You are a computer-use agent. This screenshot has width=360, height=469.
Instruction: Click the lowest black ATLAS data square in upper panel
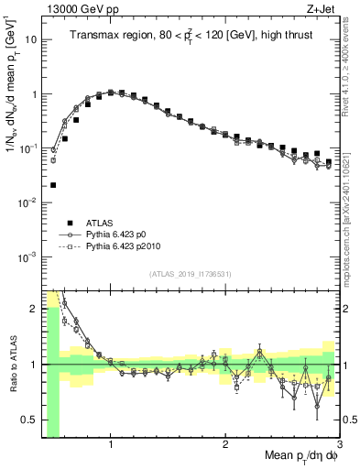[x=52, y=185]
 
